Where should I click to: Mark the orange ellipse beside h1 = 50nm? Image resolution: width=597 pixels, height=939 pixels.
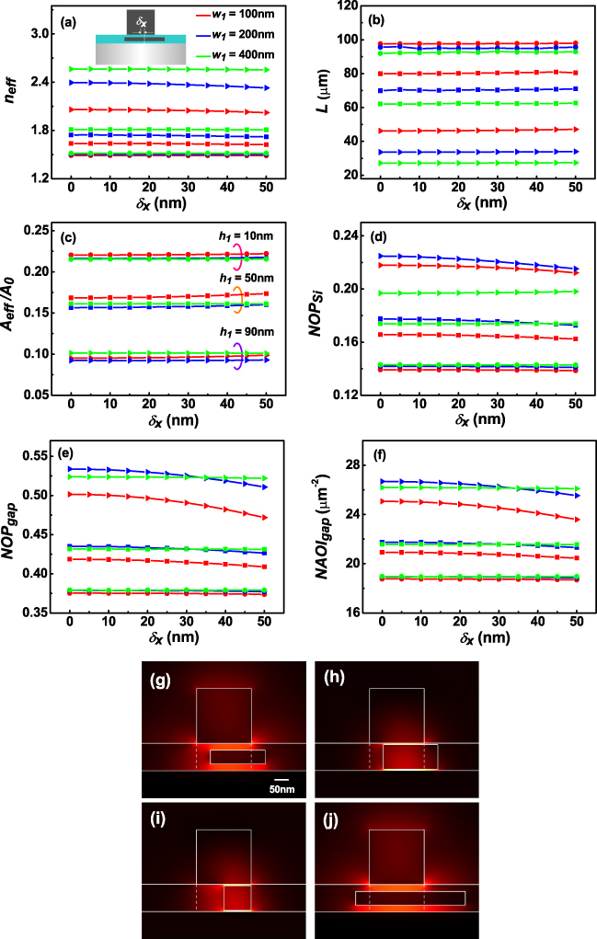coord(236,294)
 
